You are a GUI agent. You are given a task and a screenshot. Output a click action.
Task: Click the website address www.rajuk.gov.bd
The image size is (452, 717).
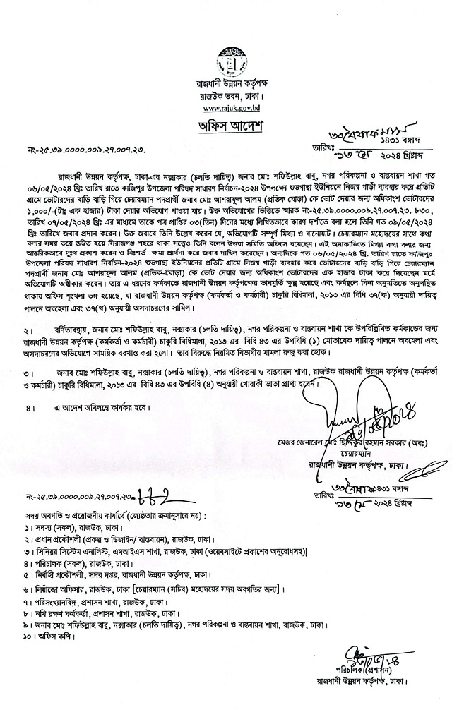227,109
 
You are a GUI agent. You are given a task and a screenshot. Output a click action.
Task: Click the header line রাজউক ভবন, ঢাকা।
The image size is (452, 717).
227,98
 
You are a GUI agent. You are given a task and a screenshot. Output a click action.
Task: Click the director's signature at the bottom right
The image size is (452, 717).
364,656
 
